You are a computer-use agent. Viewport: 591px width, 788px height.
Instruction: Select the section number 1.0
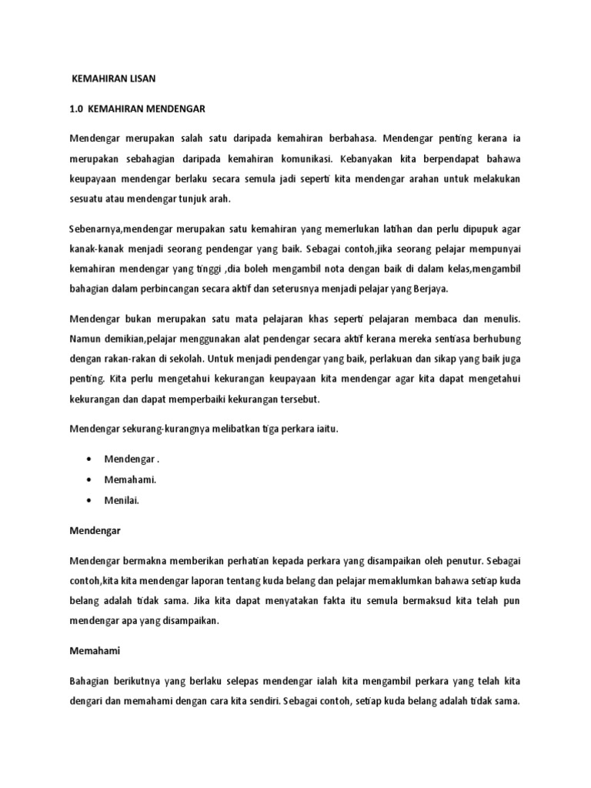[76, 109]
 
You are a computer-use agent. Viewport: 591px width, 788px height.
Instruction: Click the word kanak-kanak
[95, 249]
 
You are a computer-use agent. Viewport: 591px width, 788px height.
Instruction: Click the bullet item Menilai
[122, 499]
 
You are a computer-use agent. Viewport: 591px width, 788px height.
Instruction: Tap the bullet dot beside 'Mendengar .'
[91, 459]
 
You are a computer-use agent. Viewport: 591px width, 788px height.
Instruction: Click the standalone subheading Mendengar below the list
[95, 531]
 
